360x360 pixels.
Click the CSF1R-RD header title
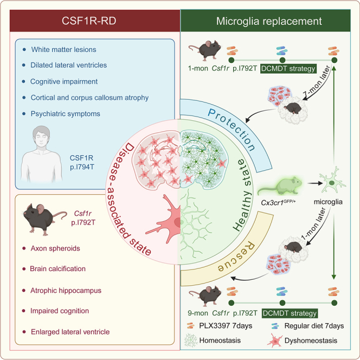coord(89,21)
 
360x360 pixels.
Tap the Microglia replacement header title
coord(269,21)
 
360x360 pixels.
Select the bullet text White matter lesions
coord(63,49)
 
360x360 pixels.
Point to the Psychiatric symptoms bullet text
coord(66,114)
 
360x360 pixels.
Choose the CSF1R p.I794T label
coord(82,162)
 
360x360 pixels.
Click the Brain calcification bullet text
coord(57,268)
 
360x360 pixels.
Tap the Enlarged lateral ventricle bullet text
coord(70,332)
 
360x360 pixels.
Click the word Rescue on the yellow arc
coord(236,257)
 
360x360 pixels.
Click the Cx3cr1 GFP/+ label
coord(278,202)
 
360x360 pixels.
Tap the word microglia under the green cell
coord(328,202)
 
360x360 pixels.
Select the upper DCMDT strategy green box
coord(288,68)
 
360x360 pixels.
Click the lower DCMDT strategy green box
coord(290,313)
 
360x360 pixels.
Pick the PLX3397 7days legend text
coord(226,326)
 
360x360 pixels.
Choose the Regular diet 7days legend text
coord(314,326)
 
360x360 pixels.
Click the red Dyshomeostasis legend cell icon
coord(274,340)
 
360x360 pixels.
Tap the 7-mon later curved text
coord(317,81)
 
